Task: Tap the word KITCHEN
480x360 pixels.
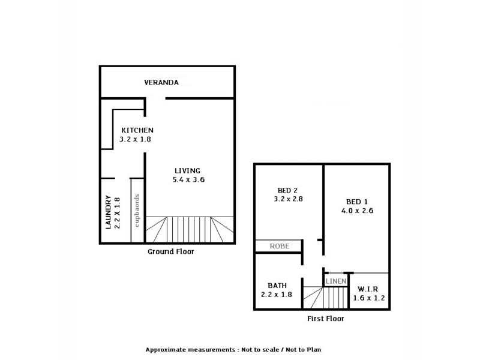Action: point(138,130)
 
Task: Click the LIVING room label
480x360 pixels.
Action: point(188,170)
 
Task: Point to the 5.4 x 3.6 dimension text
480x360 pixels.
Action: point(188,179)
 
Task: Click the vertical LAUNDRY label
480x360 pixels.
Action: point(109,212)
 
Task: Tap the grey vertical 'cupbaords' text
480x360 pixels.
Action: point(137,211)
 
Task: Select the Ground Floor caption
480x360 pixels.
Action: point(171,252)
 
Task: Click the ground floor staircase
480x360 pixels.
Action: point(189,230)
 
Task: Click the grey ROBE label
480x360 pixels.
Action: point(279,246)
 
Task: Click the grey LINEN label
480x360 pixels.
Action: point(335,281)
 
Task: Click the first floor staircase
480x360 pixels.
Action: point(325,297)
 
